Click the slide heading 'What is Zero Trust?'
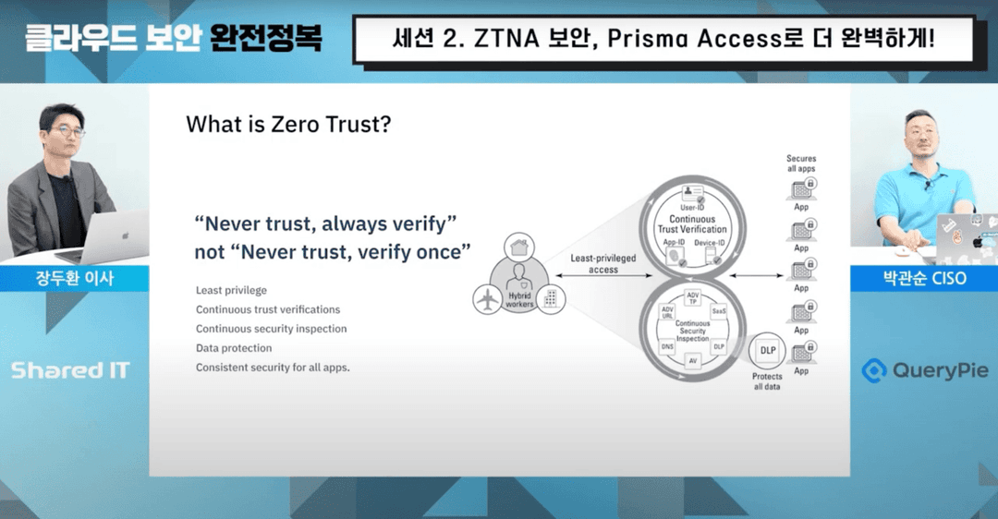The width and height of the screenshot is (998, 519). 287,124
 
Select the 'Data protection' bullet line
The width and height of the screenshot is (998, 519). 234,348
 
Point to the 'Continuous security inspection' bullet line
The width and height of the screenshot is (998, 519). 271,329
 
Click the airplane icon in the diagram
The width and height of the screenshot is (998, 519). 487,298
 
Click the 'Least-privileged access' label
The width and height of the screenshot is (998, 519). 603,263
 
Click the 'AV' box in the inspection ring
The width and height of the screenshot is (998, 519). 691,361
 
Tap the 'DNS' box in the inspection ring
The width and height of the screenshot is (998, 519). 666,346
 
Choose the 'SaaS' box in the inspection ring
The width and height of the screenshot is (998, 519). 718,312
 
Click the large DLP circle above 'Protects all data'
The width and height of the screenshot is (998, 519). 767,350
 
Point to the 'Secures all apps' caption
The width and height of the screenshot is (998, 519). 801,164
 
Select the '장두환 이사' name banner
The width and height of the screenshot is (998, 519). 74,278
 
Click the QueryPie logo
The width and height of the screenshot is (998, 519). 924,371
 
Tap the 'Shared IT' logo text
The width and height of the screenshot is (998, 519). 70,371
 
